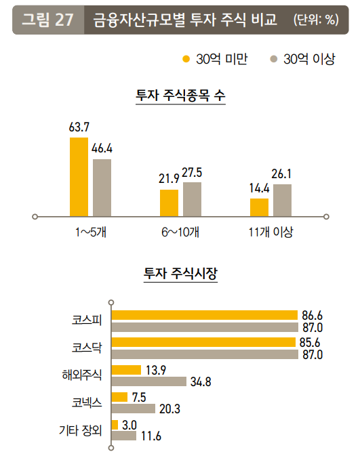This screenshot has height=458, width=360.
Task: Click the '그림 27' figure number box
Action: [47, 20]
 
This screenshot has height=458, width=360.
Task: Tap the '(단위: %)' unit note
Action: [316, 20]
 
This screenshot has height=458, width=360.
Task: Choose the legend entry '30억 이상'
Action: [303, 60]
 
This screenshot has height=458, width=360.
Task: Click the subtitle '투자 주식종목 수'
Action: [180, 96]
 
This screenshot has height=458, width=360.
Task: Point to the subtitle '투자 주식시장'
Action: [180, 274]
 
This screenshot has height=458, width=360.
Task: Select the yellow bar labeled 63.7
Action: [79, 177]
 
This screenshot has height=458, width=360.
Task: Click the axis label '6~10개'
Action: [180, 232]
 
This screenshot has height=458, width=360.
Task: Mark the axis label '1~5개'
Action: [91, 232]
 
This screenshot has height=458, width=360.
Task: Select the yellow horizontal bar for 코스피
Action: [204, 315]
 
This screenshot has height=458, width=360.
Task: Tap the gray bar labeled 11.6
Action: [123, 436]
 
